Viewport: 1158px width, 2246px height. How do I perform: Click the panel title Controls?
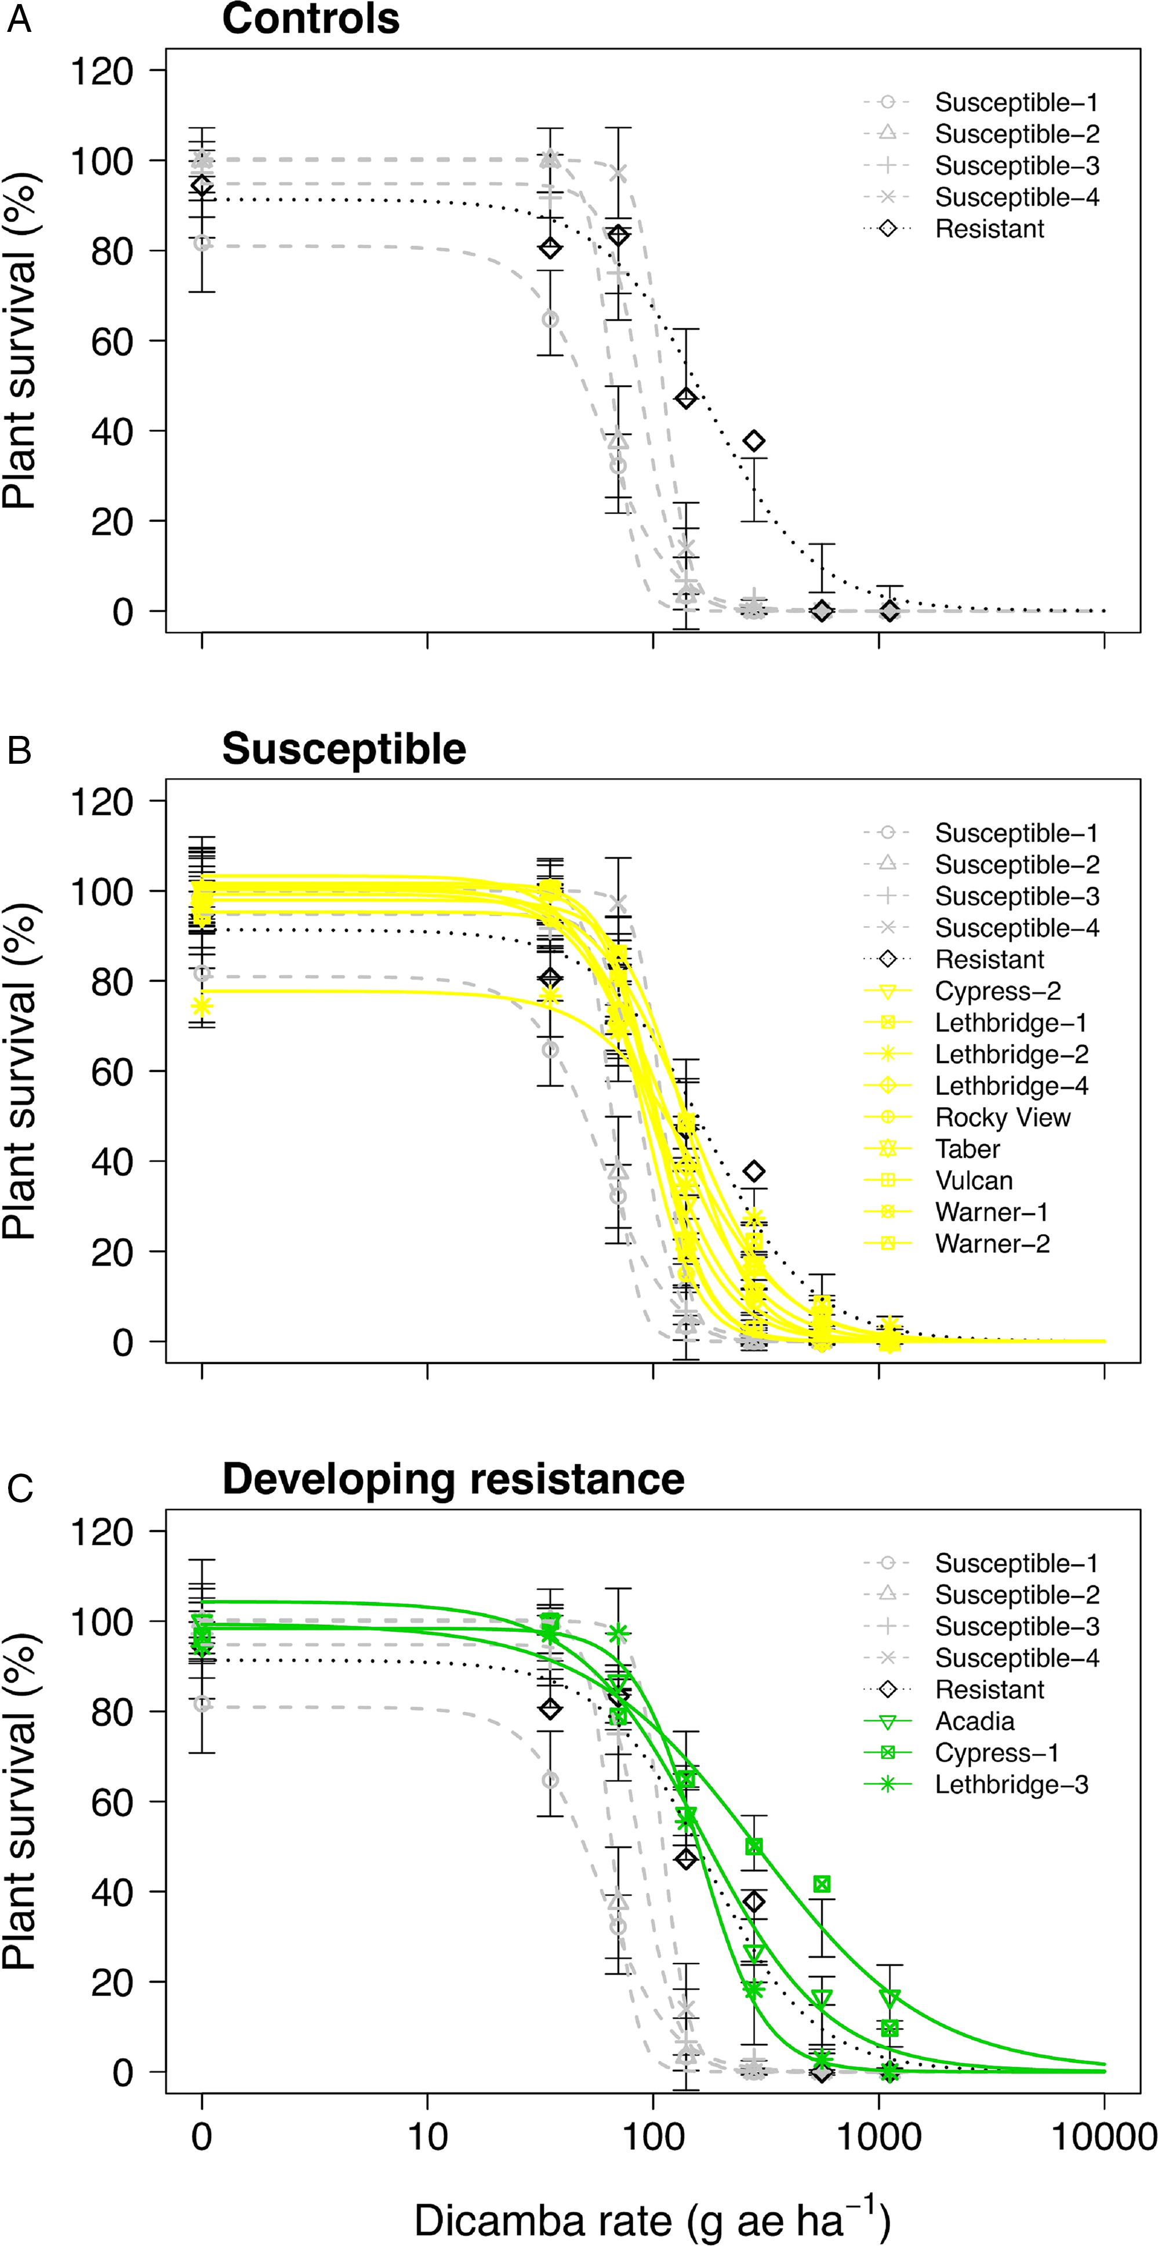click(310, 19)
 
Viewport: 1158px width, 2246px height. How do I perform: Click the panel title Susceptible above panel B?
click(343, 749)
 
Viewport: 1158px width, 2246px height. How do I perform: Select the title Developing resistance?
click(452, 1479)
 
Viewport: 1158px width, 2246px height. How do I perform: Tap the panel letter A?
click(19, 19)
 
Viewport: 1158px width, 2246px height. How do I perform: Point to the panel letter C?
click(19, 1487)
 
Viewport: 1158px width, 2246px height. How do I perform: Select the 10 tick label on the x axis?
click(427, 2137)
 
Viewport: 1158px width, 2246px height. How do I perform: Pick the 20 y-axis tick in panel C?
click(111, 1983)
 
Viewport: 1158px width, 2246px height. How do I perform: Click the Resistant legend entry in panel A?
click(989, 229)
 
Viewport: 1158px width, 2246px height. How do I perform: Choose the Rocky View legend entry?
click(1002, 1117)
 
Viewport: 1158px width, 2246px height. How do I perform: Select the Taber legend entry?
click(967, 1149)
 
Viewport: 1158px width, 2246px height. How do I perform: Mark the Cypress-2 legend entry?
click(997, 991)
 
